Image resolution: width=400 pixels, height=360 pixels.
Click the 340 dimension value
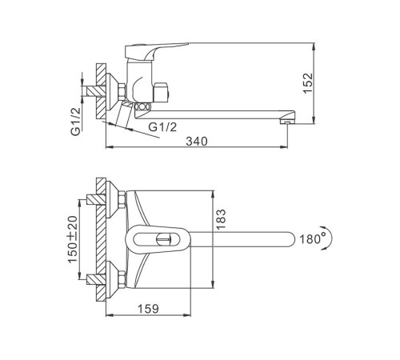pyautogui.click(x=197, y=141)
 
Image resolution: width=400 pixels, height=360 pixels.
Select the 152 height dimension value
pyautogui.click(x=308, y=83)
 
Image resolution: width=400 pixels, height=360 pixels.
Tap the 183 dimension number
pyautogui.click(x=221, y=219)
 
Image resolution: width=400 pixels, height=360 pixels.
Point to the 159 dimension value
pyautogui.click(x=148, y=309)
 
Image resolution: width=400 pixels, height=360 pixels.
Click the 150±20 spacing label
pyautogui.click(x=73, y=239)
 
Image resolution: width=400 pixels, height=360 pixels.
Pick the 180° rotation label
pyautogui.click(x=313, y=238)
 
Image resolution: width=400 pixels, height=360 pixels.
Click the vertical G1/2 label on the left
pyautogui.click(x=76, y=122)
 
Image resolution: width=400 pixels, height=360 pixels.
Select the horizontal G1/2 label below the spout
pyautogui.click(x=162, y=127)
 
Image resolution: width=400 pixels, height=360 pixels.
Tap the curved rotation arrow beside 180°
pyautogui.click(x=330, y=238)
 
